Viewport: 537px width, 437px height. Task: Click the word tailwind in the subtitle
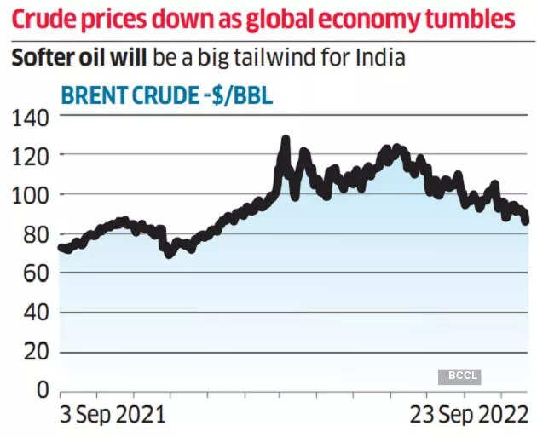coord(290,60)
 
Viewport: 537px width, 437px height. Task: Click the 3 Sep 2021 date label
coord(111,415)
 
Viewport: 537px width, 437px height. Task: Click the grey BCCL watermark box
coord(459,376)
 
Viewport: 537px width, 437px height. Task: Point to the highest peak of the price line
coord(286,140)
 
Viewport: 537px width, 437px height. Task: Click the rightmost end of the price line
coord(525,221)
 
